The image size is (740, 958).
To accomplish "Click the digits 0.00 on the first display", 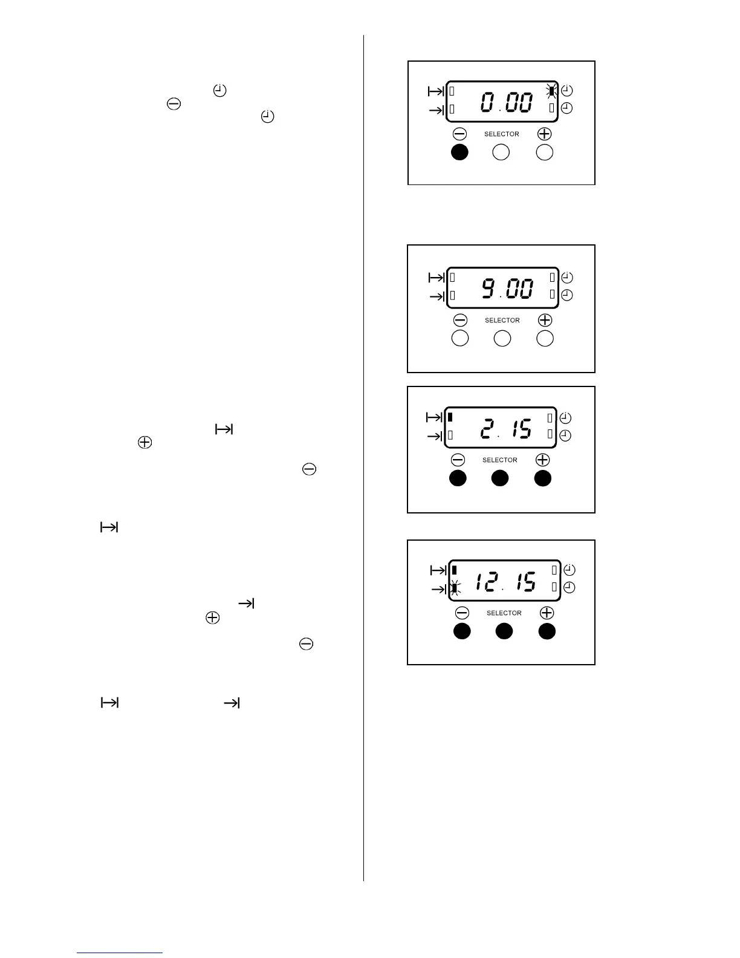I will point(507,102).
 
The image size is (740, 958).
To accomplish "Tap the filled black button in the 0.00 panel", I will point(460,152).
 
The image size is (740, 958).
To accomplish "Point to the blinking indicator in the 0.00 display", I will point(551,91).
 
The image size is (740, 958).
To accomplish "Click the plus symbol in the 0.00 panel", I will point(544,134).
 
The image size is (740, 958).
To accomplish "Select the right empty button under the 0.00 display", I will point(545,152).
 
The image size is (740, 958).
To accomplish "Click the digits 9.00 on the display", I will point(507,289).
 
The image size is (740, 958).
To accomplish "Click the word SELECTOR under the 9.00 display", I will point(502,321).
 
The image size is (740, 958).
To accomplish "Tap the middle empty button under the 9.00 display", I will point(502,339).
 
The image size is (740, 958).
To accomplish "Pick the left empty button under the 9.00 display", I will point(460,339).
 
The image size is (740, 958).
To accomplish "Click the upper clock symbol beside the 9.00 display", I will point(567,278).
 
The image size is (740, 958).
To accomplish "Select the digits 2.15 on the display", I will point(505,429).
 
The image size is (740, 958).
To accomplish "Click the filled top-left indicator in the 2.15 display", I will point(450,417).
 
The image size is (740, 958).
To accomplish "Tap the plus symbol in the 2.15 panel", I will point(542,460).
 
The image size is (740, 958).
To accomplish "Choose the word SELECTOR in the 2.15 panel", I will point(500,460).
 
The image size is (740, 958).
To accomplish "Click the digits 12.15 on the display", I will point(505,582).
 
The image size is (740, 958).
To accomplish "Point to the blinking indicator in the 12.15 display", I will point(455,587).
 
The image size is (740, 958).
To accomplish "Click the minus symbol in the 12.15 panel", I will point(462,613).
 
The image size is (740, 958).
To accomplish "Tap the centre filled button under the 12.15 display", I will point(504,631).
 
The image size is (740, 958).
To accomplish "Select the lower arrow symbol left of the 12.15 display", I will point(437,588).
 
